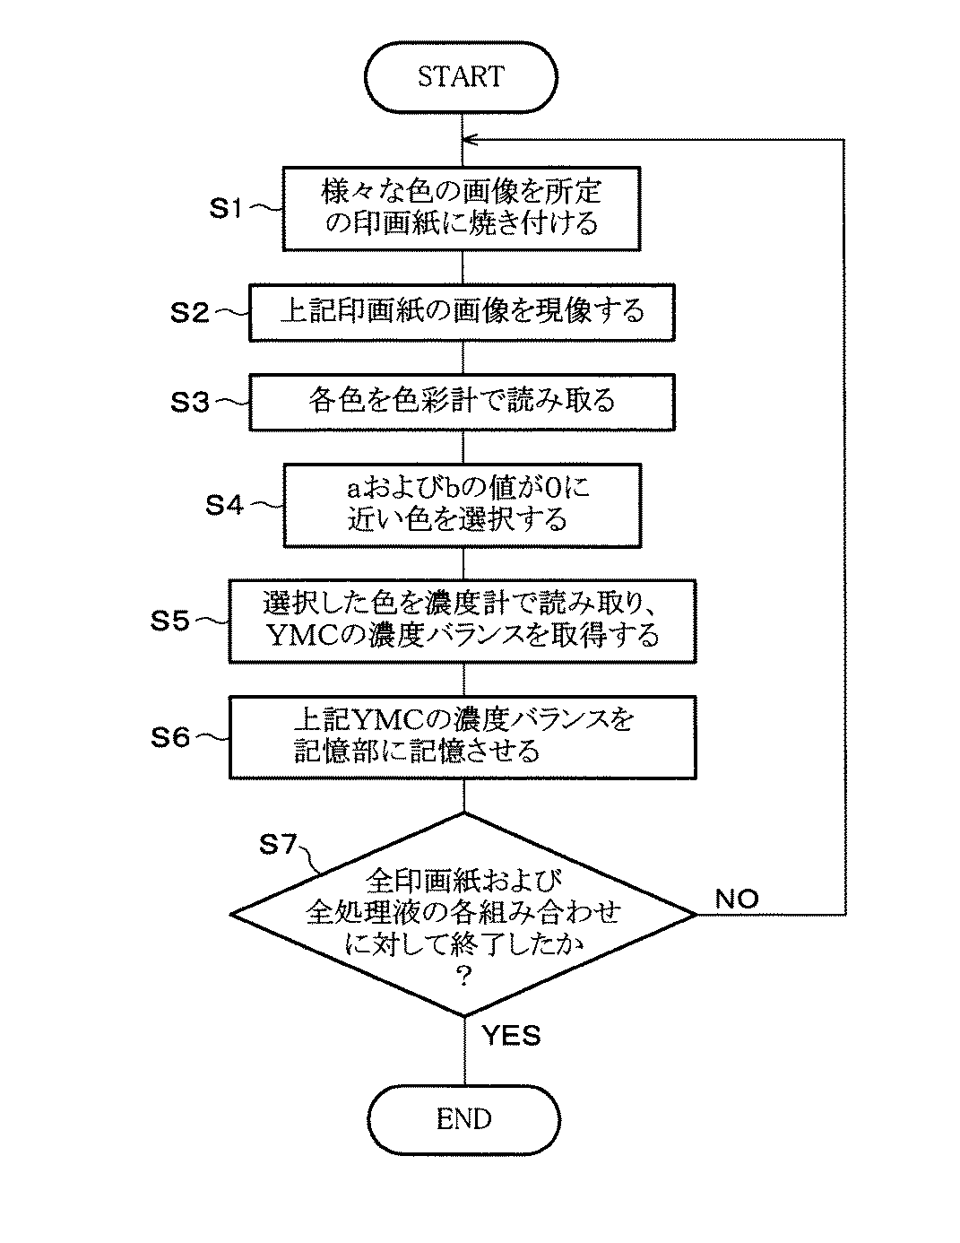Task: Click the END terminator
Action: tap(463, 1118)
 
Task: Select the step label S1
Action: tap(226, 208)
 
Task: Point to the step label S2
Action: tap(190, 312)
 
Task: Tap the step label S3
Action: tap(190, 401)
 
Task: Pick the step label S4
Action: tap(224, 505)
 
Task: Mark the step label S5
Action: tap(169, 620)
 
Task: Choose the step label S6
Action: tap(169, 737)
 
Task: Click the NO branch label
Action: tap(737, 898)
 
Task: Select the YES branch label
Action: tap(511, 1036)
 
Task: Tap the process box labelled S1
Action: tap(462, 207)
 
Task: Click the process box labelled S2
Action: tap(462, 312)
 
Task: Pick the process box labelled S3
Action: tap(462, 401)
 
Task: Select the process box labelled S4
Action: tap(462, 504)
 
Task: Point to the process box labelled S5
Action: tap(463, 621)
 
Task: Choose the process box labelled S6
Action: tap(463, 736)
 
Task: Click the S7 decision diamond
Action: tap(463, 915)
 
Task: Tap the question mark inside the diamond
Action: tap(463, 977)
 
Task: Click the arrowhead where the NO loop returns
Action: tap(468, 139)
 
